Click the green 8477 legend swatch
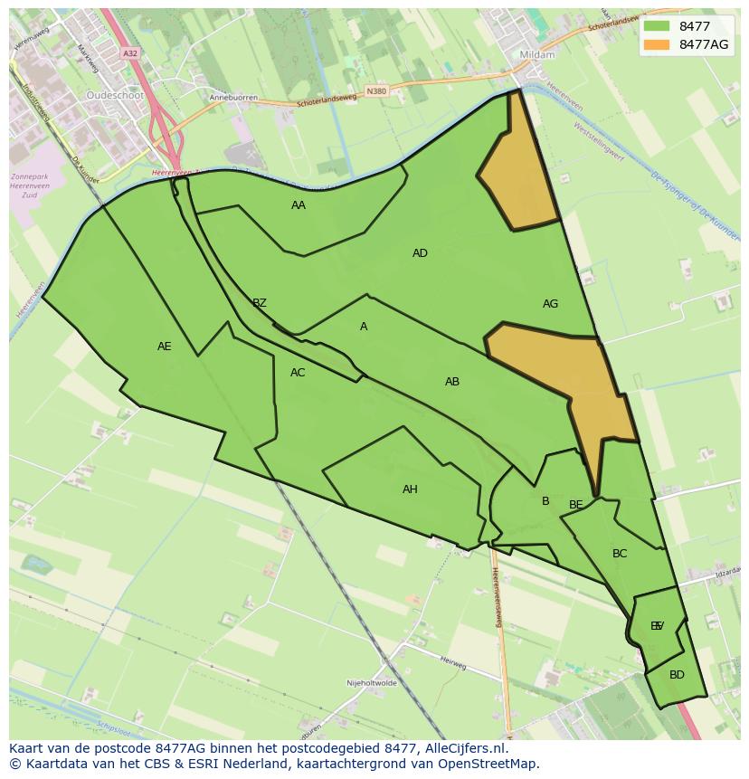(x=657, y=26)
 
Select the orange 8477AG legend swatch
(x=657, y=44)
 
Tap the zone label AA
(x=299, y=205)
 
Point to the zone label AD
(x=420, y=253)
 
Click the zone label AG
(x=550, y=304)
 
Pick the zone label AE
(x=164, y=347)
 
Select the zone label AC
(x=298, y=373)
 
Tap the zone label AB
(x=452, y=382)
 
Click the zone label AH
(x=410, y=489)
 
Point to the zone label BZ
(x=260, y=303)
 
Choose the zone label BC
(x=620, y=554)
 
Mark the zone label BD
(x=677, y=675)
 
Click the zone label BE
(x=576, y=505)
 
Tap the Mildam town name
(x=537, y=55)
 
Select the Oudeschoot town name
(x=115, y=95)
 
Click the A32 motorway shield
(x=130, y=54)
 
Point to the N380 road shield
(x=376, y=90)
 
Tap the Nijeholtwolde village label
(x=372, y=683)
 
